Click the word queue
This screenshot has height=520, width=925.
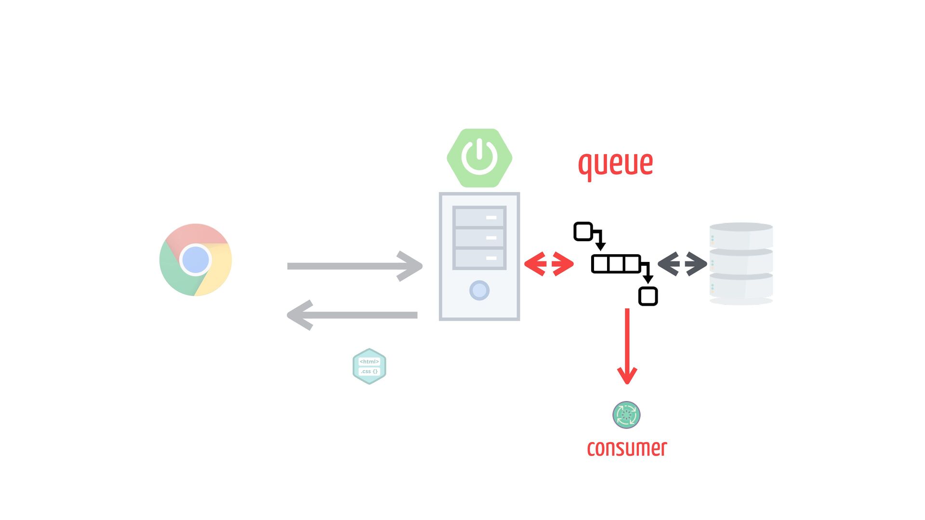coord(615,164)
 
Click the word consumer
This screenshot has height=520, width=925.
coord(627,448)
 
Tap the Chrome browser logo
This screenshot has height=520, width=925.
coord(196,260)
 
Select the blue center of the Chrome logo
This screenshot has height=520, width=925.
coord(196,260)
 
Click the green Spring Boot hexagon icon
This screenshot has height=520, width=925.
coord(479,158)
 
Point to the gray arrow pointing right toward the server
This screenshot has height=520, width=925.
coord(355,266)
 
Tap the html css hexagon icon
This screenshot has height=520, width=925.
coord(370,366)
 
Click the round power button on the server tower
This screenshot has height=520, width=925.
coord(479,290)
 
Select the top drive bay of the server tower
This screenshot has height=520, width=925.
coord(479,217)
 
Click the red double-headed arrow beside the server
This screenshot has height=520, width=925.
coord(549,264)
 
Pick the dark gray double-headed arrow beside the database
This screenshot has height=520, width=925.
coord(682,264)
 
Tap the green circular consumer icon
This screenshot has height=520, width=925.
coord(626,415)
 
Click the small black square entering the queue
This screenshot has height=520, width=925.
coord(583,232)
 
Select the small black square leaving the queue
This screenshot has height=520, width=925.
coord(648,296)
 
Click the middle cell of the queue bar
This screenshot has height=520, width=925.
coord(616,264)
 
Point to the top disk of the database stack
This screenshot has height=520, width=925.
coord(741,236)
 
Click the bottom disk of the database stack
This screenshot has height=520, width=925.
coord(741,287)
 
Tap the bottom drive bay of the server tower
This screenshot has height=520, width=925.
coord(479,259)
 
